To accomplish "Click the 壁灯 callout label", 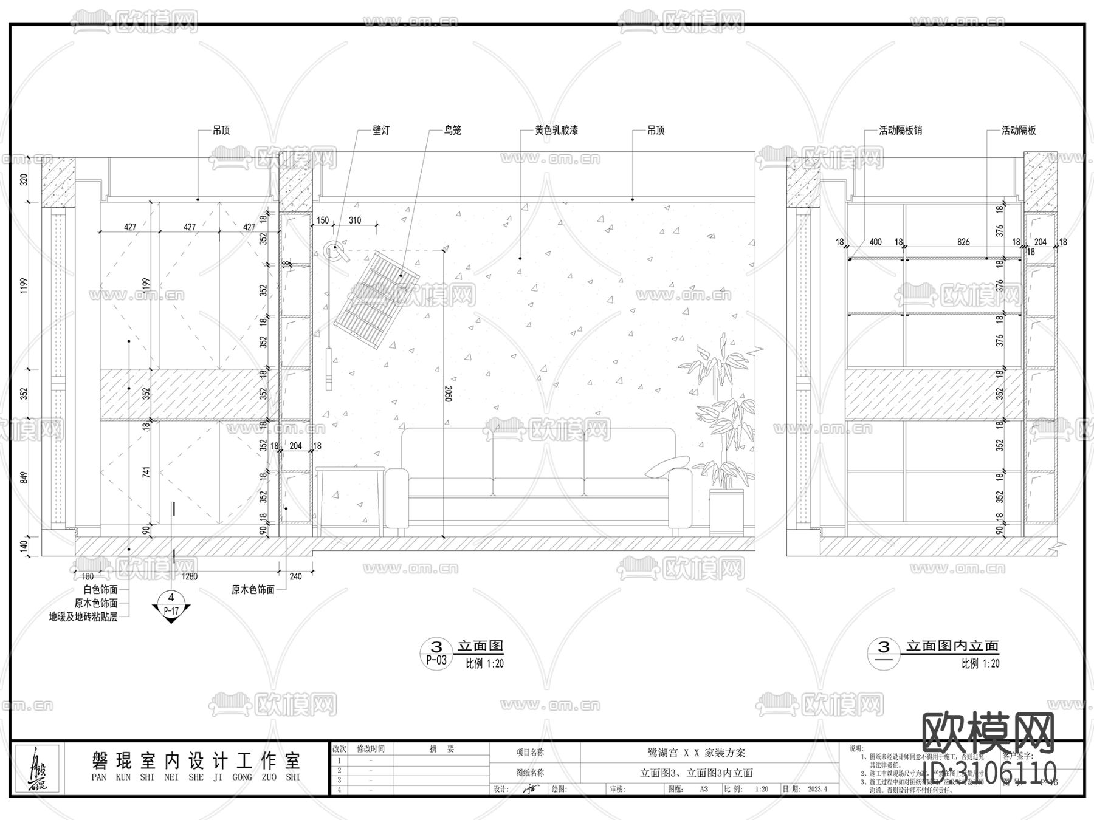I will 381,131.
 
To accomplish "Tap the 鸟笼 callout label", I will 453,131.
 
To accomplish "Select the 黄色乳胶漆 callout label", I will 556,131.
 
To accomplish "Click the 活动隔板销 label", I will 901,131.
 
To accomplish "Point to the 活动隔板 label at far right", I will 1019,131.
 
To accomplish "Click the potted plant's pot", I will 727,512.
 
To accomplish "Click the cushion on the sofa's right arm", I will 667,466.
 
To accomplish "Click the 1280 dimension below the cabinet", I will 190,576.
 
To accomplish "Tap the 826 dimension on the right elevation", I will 963,242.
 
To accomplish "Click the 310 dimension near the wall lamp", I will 354,220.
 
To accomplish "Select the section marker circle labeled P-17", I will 171,606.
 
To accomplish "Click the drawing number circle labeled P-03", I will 436,654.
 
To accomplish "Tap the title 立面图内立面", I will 952,646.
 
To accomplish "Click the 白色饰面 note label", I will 100,589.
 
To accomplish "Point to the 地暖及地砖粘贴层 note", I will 83,617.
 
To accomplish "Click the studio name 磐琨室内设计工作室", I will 196,760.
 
